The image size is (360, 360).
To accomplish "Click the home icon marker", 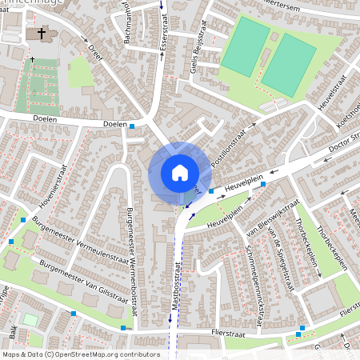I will tap(179, 172).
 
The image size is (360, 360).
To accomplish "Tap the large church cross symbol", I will tap(41, 34).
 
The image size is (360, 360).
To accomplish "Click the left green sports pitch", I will tap(246, 46).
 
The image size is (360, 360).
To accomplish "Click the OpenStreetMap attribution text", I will tap(80, 354).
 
